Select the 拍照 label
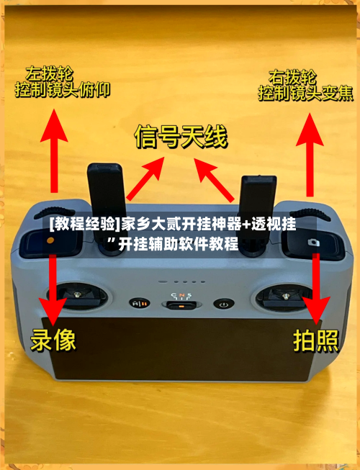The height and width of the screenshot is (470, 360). [315, 340]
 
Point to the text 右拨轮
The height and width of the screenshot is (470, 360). [291, 76]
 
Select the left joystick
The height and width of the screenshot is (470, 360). [74, 294]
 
